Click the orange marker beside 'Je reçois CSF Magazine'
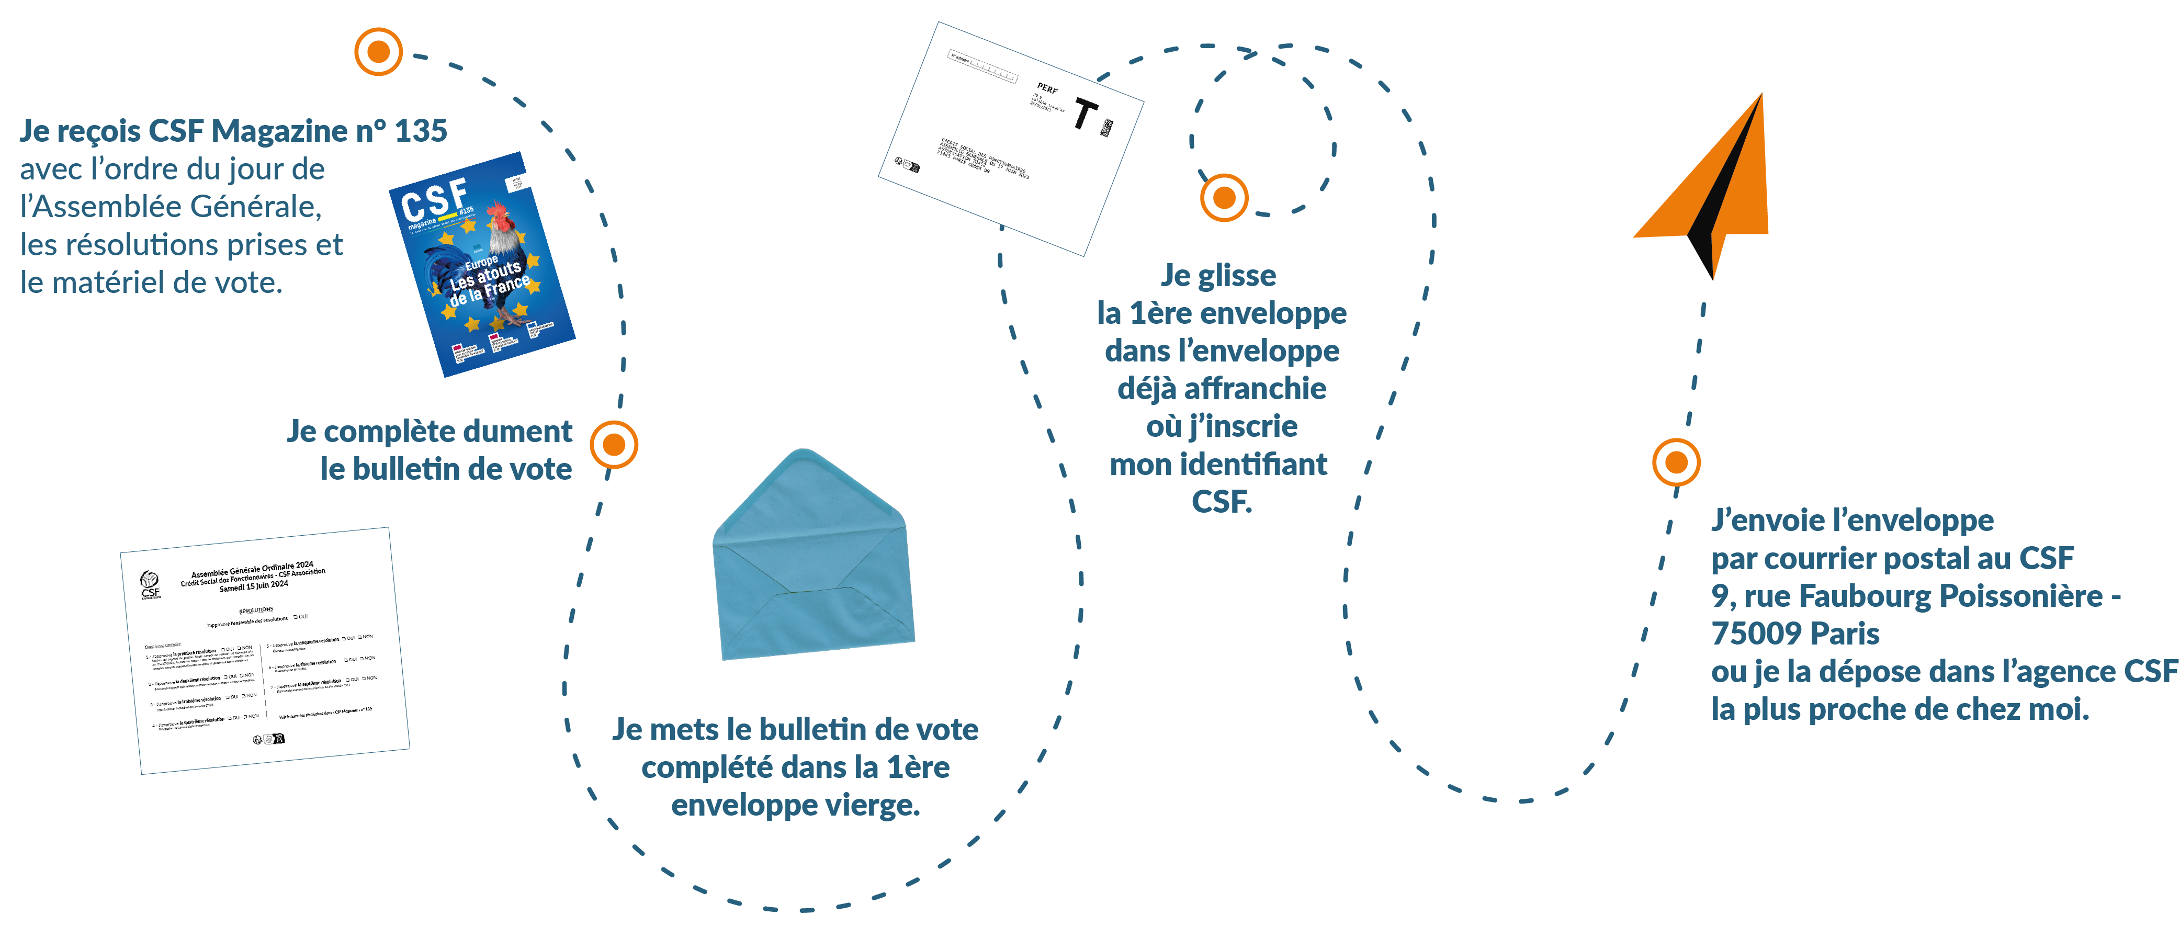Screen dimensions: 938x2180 pos(378,52)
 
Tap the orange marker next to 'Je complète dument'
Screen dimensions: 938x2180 pos(614,445)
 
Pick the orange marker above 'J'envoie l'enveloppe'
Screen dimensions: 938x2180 pos(1676,462)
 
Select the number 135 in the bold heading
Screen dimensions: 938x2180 pos(421,131)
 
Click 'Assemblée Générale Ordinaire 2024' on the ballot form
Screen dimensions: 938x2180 pos(252,568)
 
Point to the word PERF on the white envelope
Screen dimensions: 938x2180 pos(1047,88)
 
